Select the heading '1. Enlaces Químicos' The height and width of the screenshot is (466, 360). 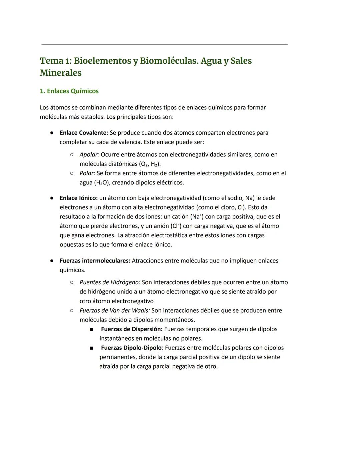point(69,91)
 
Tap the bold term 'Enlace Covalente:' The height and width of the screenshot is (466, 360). point(84,133)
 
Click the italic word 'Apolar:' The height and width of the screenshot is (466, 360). point(89,155)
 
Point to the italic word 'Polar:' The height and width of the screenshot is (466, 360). point(87,173)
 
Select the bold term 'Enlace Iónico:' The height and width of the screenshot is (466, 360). point(78,198)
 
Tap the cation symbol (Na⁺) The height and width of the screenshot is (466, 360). point(197,217)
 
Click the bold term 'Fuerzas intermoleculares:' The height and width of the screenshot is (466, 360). point(95,261)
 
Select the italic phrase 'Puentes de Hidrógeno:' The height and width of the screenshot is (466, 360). point(110,283)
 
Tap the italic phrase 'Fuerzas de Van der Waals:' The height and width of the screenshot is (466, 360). point(114,311)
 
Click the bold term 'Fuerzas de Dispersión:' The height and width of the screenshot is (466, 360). point(132,329)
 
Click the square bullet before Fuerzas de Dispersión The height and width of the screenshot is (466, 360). point(91,330)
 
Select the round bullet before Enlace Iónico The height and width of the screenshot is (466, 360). point(52,198)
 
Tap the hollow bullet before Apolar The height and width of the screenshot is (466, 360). point(71,155)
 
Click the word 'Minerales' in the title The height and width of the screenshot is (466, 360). point(61,73)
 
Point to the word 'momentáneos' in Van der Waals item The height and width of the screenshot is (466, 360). point(173,320)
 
